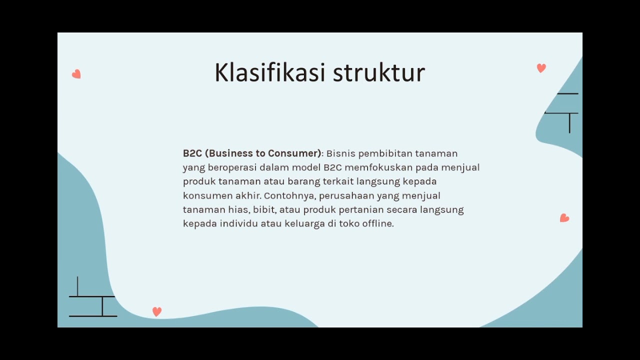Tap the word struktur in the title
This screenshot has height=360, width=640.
pos(379,73)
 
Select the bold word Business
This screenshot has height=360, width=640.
pos(235,153)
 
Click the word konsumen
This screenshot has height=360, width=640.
pos(207,195)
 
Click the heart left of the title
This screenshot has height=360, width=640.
pos(76,74)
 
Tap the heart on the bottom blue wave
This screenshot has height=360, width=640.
pos(157,311)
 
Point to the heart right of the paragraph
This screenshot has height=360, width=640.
pos(564,218)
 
